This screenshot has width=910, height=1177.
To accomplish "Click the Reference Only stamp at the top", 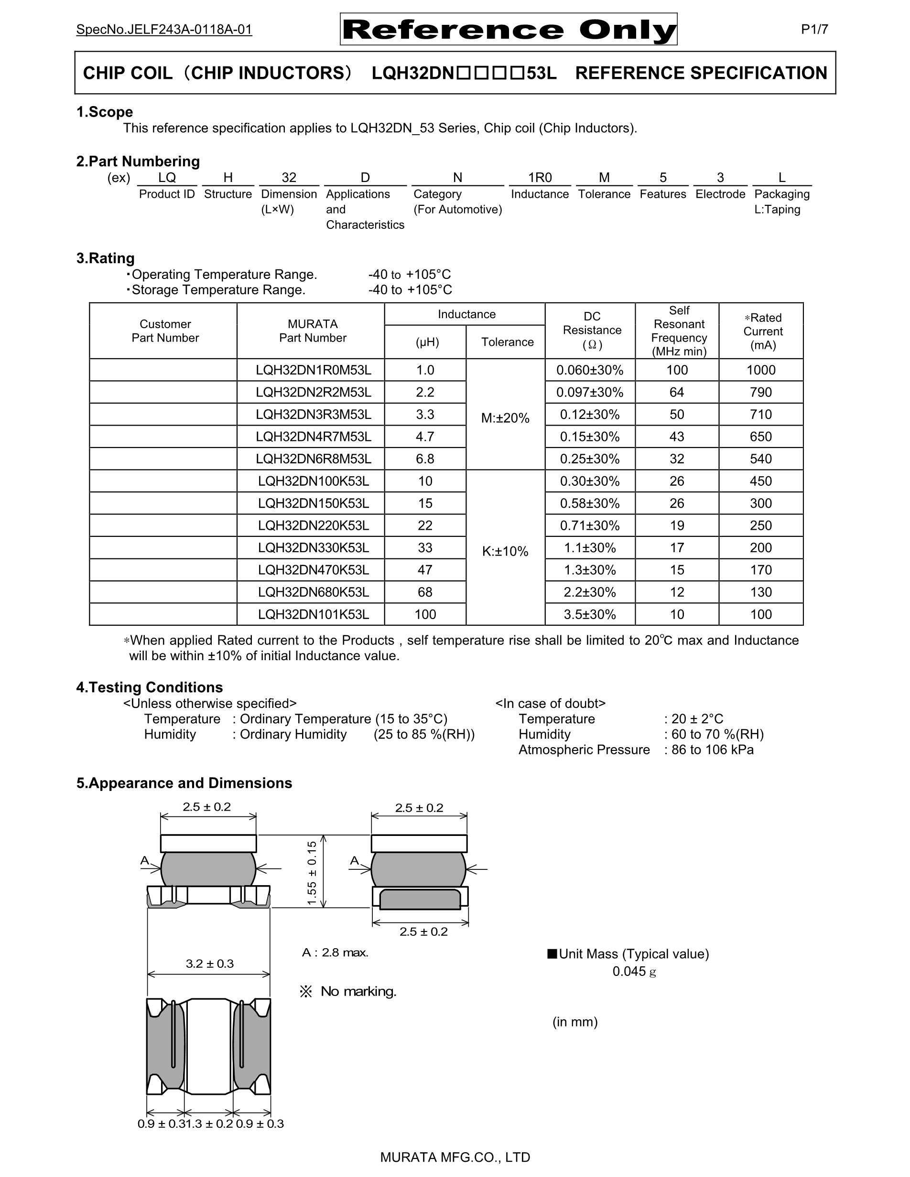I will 509,30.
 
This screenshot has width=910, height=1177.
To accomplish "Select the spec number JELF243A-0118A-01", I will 164,30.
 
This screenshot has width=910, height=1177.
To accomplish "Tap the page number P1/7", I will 814,30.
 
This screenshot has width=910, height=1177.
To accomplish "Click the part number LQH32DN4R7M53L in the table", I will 313,437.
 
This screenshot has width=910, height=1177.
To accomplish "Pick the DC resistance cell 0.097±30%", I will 590,392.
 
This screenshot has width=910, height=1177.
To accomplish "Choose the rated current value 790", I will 761,392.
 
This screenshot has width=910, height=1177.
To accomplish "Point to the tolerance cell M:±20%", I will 505,417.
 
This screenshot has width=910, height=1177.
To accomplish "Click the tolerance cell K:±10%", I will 505,551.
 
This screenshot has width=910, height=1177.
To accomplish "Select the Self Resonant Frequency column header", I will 679,331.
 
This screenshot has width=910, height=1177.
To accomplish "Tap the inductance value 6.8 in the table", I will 425,459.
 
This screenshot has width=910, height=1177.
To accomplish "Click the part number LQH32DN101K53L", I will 313,614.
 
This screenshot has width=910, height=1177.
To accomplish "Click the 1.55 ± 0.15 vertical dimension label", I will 312,873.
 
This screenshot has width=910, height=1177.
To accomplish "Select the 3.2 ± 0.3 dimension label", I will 210,963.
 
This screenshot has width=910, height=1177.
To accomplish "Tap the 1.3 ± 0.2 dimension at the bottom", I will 209,1123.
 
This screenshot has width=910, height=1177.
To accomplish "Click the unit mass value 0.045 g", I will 634,971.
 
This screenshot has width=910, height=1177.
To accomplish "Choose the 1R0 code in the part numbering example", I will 540,178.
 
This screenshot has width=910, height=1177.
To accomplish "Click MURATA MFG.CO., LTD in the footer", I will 455,1157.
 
